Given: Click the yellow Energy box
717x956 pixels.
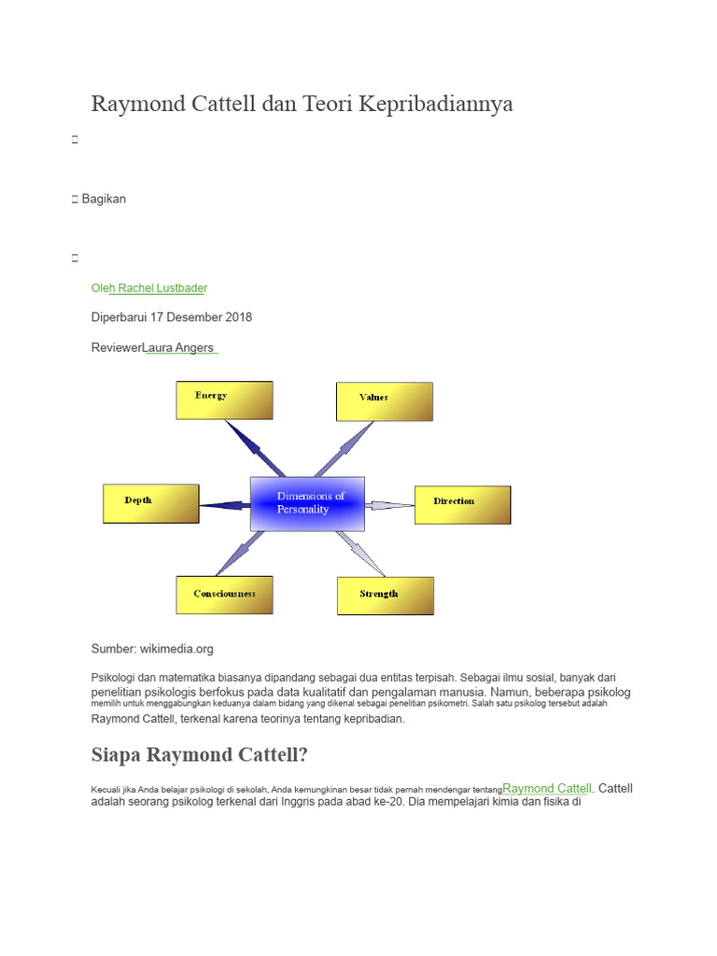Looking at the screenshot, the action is [x=224, y=401].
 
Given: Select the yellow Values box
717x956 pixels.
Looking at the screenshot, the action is [x=385, y=401].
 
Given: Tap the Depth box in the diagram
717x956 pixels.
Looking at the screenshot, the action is [x=151, y=503].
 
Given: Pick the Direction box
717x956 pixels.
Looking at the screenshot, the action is [x=463, y=505].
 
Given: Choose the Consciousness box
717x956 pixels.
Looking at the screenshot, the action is [x=224, y=595].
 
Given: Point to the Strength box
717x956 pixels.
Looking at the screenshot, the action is [x=386, y=596].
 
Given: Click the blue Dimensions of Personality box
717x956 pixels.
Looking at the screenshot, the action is [x=307, y=503].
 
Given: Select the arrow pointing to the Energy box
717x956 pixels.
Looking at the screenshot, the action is [x=255, y=448].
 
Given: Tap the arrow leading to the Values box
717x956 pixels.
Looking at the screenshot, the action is [x=344, y=449].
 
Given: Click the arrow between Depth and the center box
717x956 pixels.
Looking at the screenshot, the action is [x=225, y=505].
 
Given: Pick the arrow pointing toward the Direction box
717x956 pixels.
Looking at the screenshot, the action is [x=389, y=505].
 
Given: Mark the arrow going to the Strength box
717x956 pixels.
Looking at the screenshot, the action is [x=361, y=554].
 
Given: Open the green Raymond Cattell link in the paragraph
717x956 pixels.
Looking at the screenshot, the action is [x=547, y=788].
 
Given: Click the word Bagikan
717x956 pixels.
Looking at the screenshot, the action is [x=104, y=199].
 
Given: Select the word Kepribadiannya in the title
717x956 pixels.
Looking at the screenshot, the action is [x=436, y=104].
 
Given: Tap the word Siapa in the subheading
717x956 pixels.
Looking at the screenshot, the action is [x=116, y=754].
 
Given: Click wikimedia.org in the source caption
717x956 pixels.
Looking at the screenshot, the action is [x=176, y=649].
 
